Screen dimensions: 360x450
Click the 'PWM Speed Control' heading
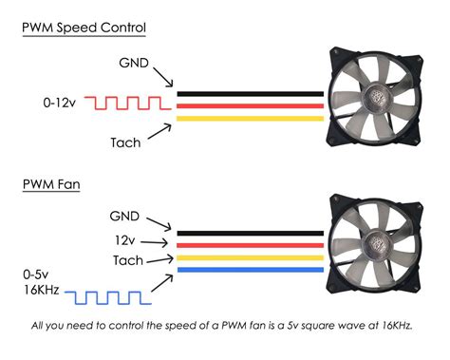pos(84,28)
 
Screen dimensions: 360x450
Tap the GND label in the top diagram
pos(133,63)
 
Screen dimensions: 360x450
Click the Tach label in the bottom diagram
pos(128,260)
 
